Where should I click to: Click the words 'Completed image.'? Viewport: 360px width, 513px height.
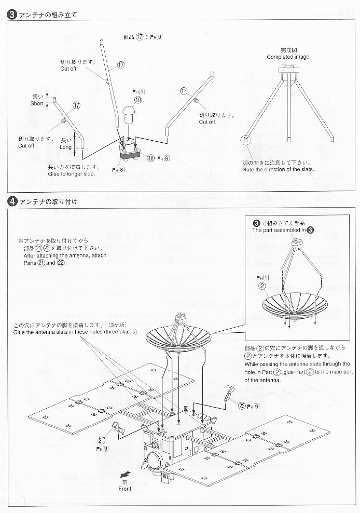289,57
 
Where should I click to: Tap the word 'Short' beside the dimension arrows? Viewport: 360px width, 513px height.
37,103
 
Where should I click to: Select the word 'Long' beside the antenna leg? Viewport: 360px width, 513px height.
66,147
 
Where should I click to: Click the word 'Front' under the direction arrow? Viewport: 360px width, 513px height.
124,489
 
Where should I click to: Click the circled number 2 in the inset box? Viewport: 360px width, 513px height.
262,285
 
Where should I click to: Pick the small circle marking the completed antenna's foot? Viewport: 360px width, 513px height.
245,140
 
